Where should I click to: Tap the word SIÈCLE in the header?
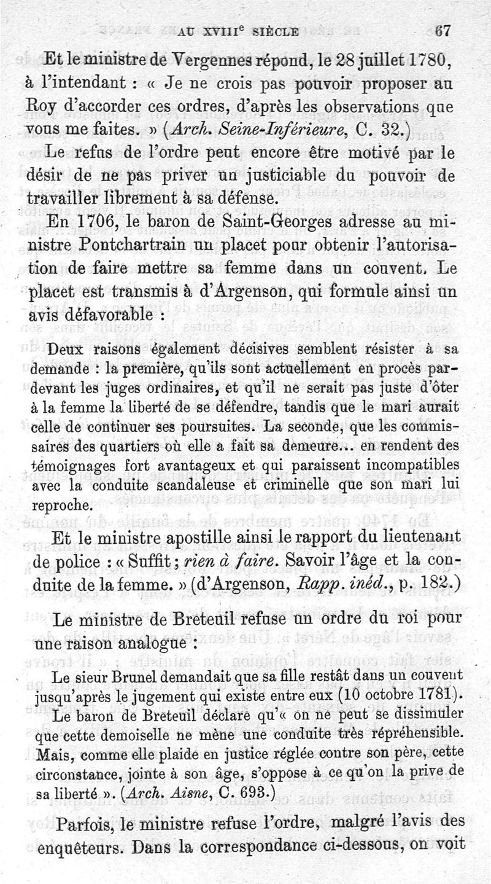[271, 33]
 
